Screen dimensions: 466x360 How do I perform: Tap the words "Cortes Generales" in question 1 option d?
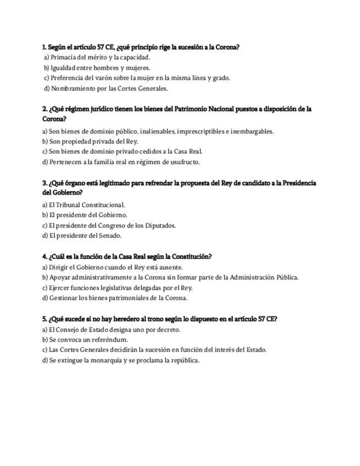click(145, 88)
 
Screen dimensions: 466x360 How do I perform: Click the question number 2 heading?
click(45, 109)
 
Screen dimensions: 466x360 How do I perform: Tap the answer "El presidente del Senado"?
click(81, 236)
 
